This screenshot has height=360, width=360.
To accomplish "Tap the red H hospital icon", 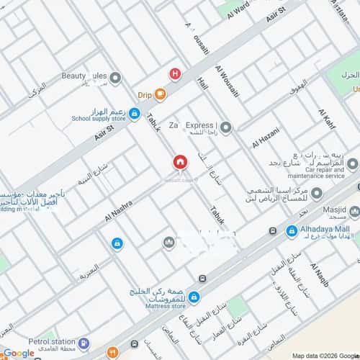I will point(174,73).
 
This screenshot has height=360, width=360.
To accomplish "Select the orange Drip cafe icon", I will point(160,94).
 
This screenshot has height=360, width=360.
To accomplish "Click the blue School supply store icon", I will point(134,113).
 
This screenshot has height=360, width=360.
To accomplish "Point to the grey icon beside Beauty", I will point(115,78).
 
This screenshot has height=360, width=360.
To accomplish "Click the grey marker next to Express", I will point(225,128).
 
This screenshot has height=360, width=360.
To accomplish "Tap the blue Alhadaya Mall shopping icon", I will point(292,231).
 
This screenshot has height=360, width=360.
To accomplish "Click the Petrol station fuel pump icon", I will point(84,343).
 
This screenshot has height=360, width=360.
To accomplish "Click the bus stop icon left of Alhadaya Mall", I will point(271,231).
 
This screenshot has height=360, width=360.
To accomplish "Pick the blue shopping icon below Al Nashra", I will point(117,244).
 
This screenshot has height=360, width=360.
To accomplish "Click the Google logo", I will point(18,352).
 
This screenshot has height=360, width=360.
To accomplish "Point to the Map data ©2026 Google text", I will point(324,355).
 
